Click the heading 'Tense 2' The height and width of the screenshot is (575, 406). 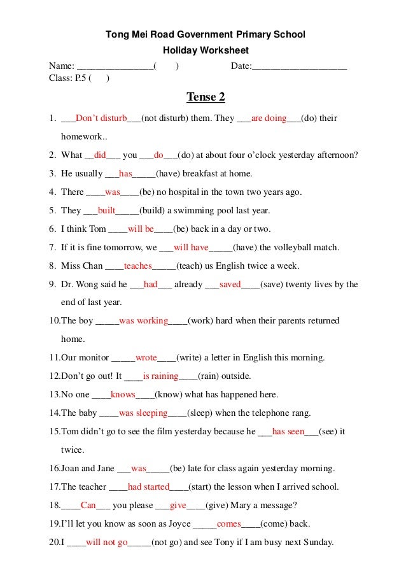206,97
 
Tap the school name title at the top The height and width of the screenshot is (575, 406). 206,34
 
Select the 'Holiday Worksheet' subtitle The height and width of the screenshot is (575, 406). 206,50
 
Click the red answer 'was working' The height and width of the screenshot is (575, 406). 143,321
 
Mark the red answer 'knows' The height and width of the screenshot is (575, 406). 123,394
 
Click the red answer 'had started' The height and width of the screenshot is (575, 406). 148,487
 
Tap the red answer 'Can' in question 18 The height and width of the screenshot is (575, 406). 88,506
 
